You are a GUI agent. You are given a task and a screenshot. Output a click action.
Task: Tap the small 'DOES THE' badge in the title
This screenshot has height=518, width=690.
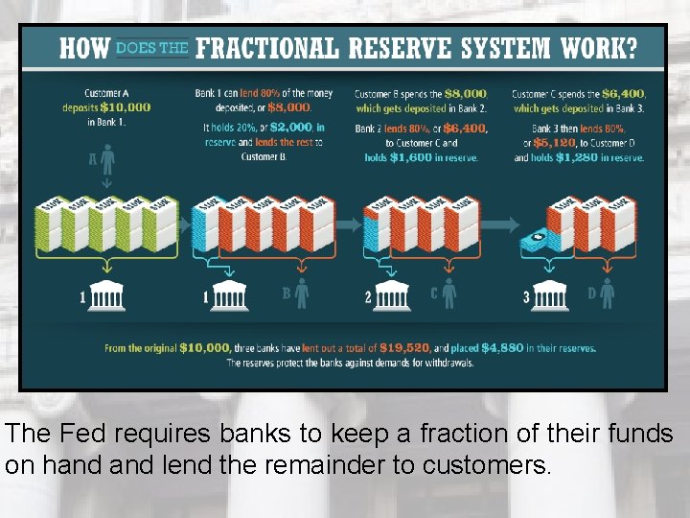click(151, 48)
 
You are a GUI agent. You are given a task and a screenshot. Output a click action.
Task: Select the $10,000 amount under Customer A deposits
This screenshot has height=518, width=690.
click(126, 107)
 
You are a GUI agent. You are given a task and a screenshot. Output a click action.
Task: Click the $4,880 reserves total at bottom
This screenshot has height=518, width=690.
click(504, 348)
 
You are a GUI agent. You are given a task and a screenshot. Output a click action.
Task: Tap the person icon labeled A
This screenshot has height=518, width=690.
click(107, 157)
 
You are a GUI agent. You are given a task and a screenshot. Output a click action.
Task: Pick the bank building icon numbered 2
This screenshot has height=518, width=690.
click(390, 296)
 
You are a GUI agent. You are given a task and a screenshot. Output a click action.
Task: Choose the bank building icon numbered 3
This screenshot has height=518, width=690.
click(549, 296)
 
